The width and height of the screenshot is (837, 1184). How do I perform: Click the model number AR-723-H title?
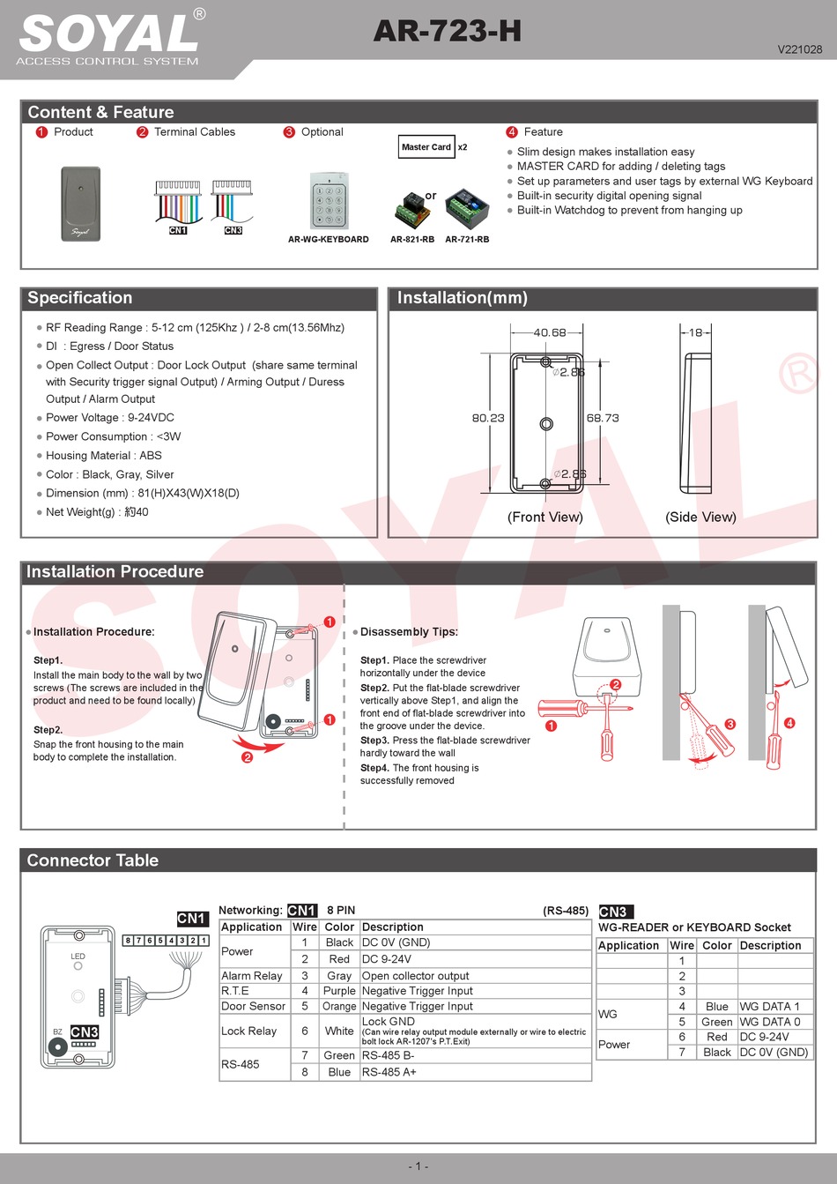pyautogui.click(x=447, y=32)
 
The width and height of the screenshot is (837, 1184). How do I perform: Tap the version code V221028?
pyautogui.click(x=799, y=49)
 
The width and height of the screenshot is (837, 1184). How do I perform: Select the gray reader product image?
pyautogui.click(x=81, y=204)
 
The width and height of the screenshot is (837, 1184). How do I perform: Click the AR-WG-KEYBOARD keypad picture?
pyautogui.click(x=329, y=202)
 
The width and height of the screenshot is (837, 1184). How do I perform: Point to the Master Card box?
pyautogui.click(x=426, y=147)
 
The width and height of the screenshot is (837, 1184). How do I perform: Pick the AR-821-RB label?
pyautogui.click(x=412, y=239)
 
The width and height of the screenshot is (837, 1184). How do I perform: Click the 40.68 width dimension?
pyautogui.click(x=550, y=332)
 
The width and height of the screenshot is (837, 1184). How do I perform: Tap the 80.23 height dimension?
pyautogui.click(x=488, y=418)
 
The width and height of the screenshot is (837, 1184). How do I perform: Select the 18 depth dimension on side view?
pyautogui.click(x=696, y=332)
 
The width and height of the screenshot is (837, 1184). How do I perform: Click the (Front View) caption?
pyautogui.click(x=545, y=517)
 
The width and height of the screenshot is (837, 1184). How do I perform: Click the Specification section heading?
pyautogui.click(x=80, y=298)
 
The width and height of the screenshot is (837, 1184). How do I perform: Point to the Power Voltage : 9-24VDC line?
pyautogui.click(x=110, y=418)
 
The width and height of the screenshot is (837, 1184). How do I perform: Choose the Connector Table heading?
pyautogui.click(x=93, y=860)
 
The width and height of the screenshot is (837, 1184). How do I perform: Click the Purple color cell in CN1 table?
pyautogui.click(x=339, y=991)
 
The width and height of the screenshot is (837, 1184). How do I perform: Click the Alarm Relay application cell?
pyautogui.click(x=252, y=976)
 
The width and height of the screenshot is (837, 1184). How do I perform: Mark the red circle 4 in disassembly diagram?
pyautogui.click(x=789, y=723)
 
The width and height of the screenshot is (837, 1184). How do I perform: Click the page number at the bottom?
pyautogui.click(x=418, y=1165)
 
